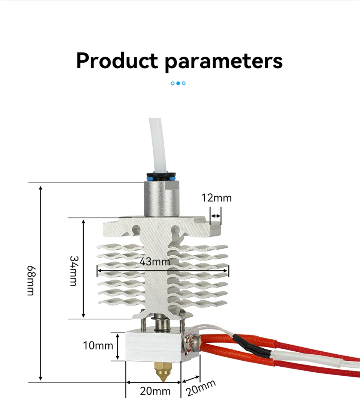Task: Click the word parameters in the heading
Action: pyautogui.click(x=224, y=61)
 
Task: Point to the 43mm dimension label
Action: pyautogui.click(x=155, y=261)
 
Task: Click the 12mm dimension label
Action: pyautogui.click(x=216, y=197)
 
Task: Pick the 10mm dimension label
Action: pyautogui.click(x=98, y=345)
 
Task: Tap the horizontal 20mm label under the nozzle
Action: pyautogui.click(x=155, y=391)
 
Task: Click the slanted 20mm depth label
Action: pyautogui.click(x=201, y=388)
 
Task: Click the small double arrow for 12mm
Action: pyautogui.click(x=216, y=216)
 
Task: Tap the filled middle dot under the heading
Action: pyautogui.click(x=178, y=83)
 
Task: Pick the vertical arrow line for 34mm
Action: pyautogui.click(x=84, y=269)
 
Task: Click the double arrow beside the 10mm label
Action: pyautogui.click(x=118, y=346)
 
